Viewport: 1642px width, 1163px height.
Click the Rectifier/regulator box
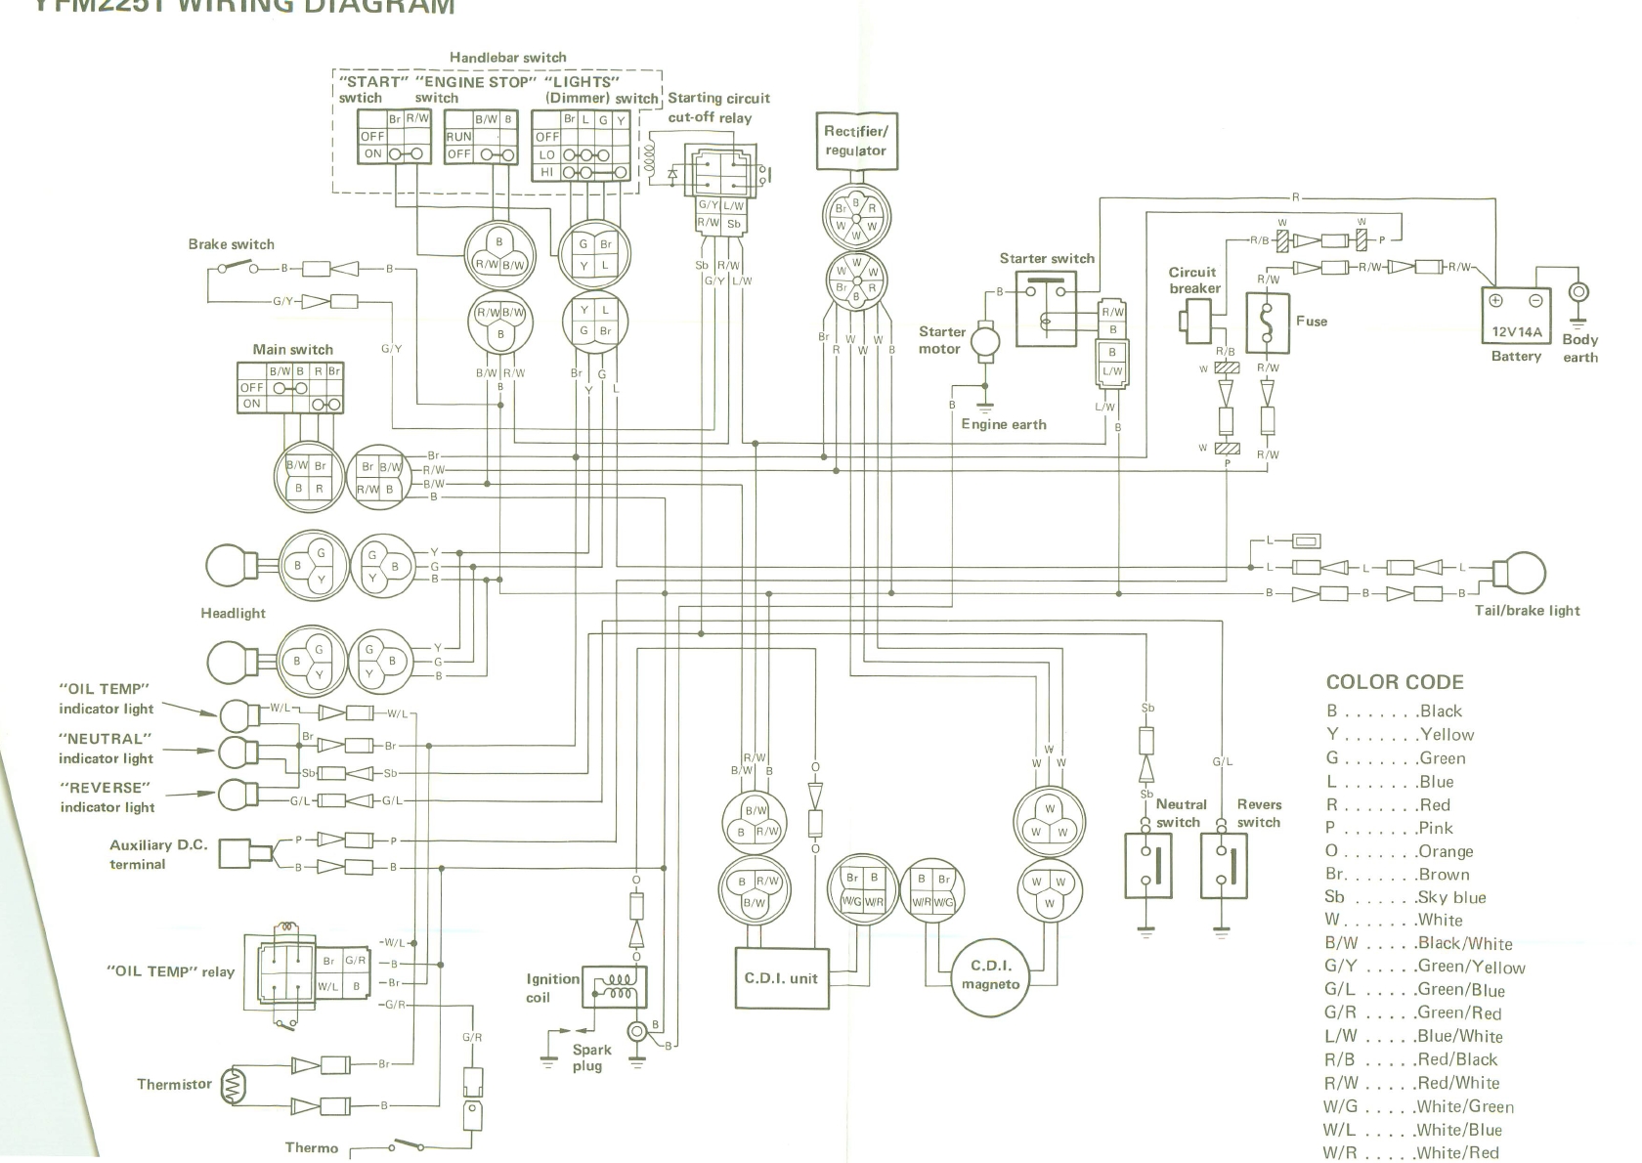point(856,141)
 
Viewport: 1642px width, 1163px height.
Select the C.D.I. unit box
point(781,978)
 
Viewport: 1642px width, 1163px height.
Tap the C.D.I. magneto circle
point(990,974)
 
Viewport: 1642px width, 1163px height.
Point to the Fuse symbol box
point(1268,323)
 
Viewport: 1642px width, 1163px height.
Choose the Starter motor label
point(941,340)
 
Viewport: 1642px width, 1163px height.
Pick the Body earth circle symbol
point(1578,293)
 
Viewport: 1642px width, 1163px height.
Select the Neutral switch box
point(1147,865)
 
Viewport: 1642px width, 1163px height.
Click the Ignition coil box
point(612,986)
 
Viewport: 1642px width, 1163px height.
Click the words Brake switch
point(232,244)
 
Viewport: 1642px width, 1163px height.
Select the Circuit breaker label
point(1193,280)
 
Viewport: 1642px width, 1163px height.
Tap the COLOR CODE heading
point(1395,682)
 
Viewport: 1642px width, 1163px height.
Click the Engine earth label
point(1004,424)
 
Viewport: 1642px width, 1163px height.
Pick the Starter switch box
point(1046,309)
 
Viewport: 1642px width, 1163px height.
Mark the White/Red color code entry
point(1410,1152)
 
